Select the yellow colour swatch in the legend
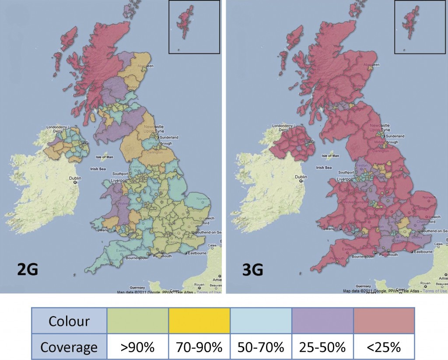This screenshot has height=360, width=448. pos(199,321)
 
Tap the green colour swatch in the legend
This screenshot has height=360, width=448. pos(138,321)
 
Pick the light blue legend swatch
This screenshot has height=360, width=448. pos(261,321)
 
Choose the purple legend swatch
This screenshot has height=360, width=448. pos(322,321)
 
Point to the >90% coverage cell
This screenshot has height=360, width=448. pos(138,347)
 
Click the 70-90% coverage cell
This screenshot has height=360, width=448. pos(199,347)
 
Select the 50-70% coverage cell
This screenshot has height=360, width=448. pos(261,347)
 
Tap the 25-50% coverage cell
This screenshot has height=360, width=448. pos(322,347)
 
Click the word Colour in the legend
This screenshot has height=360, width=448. pos(69,321)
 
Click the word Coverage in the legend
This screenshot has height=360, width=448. pos(69,347)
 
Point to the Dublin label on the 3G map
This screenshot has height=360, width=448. pos(302,177)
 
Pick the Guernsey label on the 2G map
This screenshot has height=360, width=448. pos(129,285)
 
